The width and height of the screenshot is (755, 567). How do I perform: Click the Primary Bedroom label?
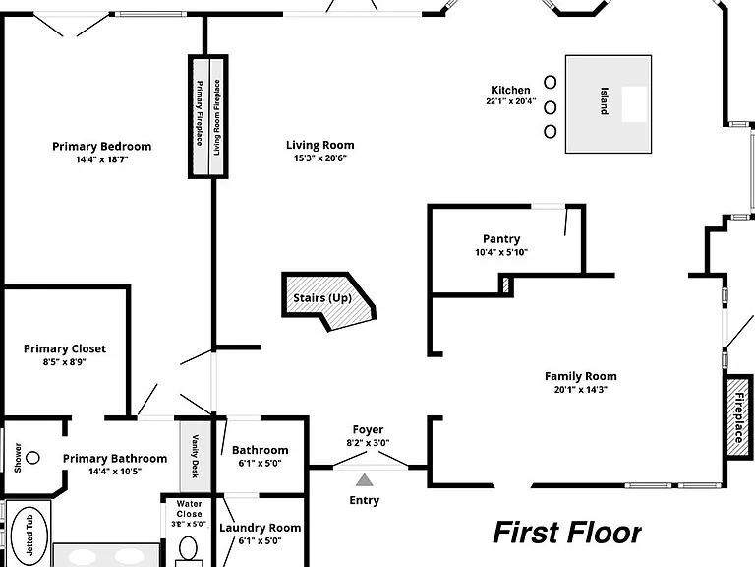coord(101,146)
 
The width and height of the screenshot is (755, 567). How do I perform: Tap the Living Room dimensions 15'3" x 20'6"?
coord(320,158)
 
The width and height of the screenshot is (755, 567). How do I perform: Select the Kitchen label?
coord(510,90)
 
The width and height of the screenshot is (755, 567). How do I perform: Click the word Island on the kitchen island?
coord(604,100)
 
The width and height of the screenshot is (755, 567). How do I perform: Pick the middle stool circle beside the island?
coord(550,107)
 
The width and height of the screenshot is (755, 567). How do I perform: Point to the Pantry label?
coord(501,238)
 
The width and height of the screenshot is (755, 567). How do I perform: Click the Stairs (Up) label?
coord(322,298)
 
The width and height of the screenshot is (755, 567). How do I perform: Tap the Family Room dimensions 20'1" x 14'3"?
coord(581,390)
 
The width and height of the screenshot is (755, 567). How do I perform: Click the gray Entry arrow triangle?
coord(365,480)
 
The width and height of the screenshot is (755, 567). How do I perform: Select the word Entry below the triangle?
coord(364,500)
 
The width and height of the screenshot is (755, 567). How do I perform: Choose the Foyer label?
coord(368,429)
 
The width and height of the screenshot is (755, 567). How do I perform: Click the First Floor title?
coord(567,533)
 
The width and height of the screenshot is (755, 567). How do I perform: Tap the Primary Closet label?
coord(65,348)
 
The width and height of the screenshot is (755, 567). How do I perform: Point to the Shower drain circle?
coord(32,457)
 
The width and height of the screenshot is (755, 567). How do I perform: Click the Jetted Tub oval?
coord(29,535)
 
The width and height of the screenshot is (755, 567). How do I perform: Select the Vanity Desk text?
coord(195,456)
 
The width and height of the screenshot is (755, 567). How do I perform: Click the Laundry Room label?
coord(260,528)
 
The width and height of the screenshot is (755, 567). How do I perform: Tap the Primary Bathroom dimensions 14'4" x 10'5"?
coord(115,472)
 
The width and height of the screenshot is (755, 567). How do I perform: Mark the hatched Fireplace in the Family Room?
coord(738,417)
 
